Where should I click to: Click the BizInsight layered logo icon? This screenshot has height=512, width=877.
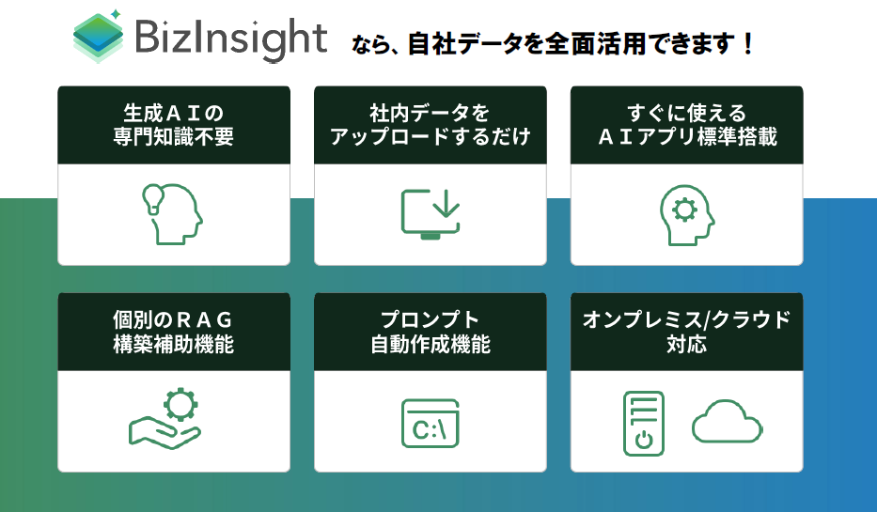[99, 37]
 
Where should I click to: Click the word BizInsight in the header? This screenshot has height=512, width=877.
[231, 39]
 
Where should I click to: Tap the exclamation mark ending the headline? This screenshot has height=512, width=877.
[748, 44]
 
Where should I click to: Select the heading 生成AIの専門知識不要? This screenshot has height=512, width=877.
[173, 125]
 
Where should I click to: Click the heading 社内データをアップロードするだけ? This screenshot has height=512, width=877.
[431, 125]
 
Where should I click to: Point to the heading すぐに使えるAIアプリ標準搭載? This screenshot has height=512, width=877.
[687, 125]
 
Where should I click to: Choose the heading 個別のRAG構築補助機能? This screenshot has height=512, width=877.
[173, 332]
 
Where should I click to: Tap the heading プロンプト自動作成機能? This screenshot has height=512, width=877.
[431, 332]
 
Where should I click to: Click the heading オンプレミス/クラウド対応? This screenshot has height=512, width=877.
[687, 332]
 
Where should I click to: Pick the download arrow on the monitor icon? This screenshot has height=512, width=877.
[446, 203]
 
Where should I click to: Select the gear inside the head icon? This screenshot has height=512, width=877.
[684, 210]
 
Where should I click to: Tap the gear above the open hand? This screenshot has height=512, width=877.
[180, 404]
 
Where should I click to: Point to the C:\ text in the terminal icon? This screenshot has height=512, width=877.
[430, 430]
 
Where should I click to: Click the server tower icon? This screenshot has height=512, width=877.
[644, 423]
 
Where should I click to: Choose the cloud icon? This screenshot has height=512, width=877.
[727, 422]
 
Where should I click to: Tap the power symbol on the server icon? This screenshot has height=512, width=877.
[644, 440]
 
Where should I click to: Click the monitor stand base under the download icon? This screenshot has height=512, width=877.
[431, 236]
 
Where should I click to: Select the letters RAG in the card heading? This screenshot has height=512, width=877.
[204, 320]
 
